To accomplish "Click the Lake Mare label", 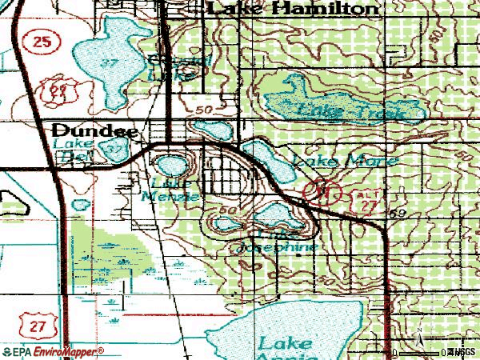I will [x=345, y=161].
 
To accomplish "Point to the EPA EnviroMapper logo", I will [x=53, y=352].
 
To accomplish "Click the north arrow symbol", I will [x=418, y=342].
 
